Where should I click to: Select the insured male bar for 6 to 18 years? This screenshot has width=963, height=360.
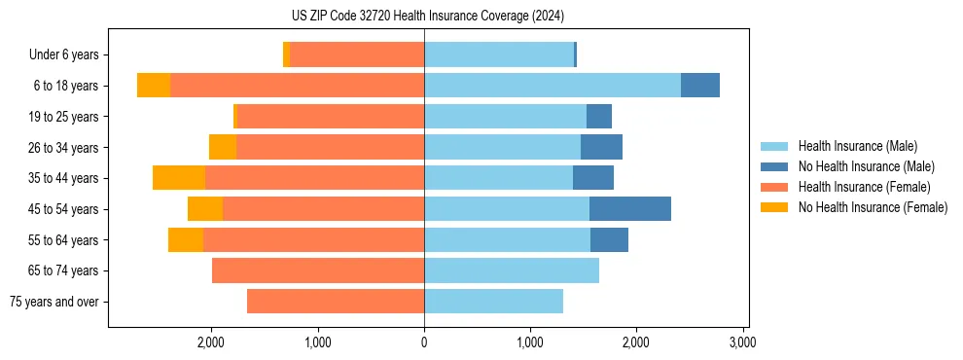[552, 85]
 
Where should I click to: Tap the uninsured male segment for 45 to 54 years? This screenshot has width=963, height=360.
[629, 208]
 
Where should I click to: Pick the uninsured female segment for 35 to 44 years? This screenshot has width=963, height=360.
[179, 177]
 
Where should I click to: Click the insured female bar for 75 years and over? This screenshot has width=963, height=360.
[336, 302]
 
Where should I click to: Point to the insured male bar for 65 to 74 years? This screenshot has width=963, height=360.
[512, 270]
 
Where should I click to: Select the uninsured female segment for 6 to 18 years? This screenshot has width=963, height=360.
[154, 85]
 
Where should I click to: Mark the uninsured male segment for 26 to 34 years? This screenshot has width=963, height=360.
[601, 147]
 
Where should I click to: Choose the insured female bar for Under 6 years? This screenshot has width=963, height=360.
[357, 54]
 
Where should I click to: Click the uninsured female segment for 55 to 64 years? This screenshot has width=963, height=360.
[186, 239]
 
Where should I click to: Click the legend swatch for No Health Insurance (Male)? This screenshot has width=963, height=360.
[775, 166]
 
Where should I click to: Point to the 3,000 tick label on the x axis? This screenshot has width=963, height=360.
[742, 342]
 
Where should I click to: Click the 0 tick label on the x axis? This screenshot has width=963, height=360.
[424, 342]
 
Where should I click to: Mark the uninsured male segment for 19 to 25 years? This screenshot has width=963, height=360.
[599, 116]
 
